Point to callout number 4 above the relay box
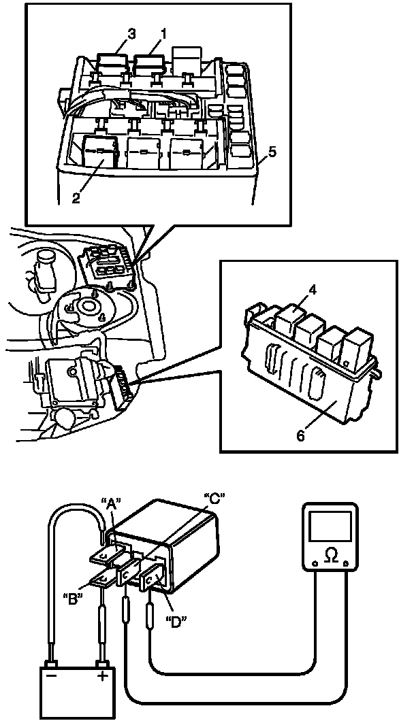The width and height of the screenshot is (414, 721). pyautogui.click(x=313, y=290)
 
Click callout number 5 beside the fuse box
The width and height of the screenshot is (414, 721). pyautogui.click(x=272, y=152)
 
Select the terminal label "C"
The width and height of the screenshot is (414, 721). pyautogui.click(x=215, y=498)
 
